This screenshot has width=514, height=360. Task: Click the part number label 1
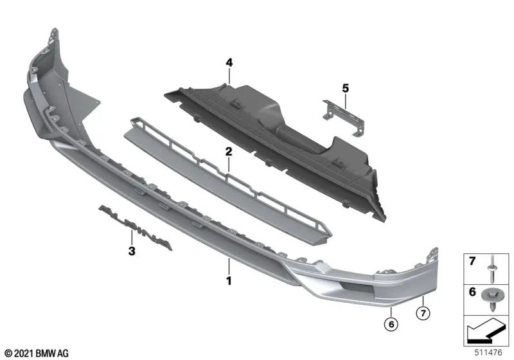(x=228, y=280)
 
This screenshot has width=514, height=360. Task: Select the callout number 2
(x=228, y=152)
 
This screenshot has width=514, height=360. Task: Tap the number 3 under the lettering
(x=131, y=251)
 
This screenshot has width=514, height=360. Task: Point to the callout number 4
(x=228, y=62)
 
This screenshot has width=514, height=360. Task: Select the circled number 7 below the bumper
(x=423, y=313)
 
